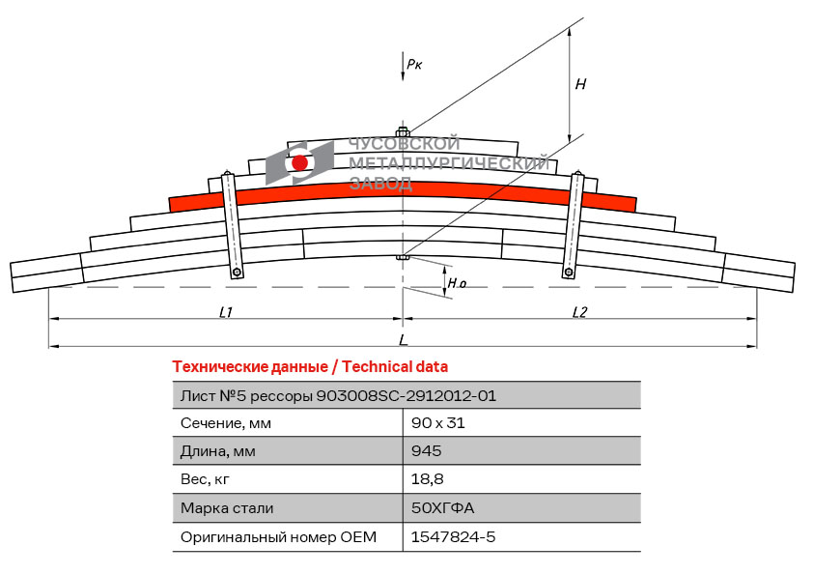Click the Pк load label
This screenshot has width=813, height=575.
(x=414, y=64)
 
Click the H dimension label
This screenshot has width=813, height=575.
(x=580, y=84)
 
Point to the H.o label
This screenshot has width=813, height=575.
(x=458, y=283)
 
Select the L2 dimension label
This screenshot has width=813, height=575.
(x=580, y=311)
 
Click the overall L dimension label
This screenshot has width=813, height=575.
(x=403, y=340)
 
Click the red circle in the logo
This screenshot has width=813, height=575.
(x=300, y=163)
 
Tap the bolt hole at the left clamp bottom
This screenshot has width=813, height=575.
(x=238, y=273)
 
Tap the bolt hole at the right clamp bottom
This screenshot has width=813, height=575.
(x=568, y=273)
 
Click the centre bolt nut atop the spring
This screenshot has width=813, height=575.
(x=403, y=131)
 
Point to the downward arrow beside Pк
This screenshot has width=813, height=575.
(x=403, y=67)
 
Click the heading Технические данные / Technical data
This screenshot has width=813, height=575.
(x=310, y=366)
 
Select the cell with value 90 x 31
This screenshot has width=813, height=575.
(x=438, y=423)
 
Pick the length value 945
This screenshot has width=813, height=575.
(x=426, y=451)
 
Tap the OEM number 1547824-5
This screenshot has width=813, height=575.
(x=453, y=536)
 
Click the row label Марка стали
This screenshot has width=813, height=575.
(x=227, y=508)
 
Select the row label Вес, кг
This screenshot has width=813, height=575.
(x=206, y=479)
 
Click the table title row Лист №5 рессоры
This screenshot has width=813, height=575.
(x=339, y=395)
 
